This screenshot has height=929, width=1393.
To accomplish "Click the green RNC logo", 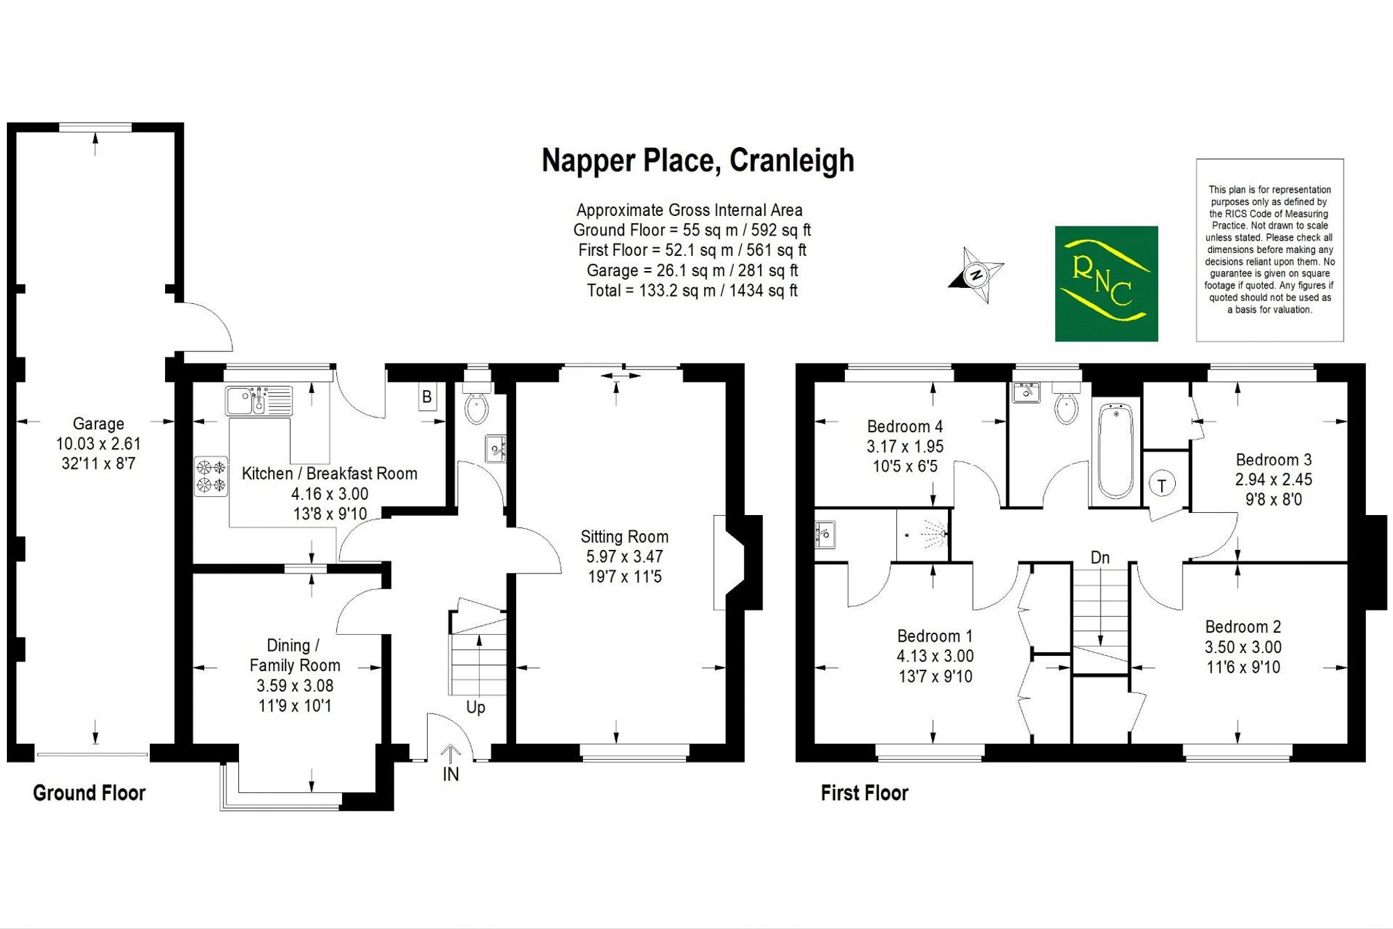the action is (1106, 284).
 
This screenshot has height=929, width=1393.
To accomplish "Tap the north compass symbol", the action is (976, 275).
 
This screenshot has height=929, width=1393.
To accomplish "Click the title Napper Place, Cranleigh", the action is (698, 160).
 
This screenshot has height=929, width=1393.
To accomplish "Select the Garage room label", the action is (98, 424).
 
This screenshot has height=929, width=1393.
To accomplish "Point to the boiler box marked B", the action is (427, 397).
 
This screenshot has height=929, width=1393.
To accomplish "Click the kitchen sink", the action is (258, 401).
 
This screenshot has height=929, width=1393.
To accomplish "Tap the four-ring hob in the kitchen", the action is (210, 476).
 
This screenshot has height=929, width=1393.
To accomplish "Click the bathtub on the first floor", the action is (1116, 450).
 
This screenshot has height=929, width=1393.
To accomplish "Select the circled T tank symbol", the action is (1162, 485).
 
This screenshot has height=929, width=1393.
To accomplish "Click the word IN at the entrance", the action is (451, 774).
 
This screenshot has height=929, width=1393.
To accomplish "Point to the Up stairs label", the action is (476, 708).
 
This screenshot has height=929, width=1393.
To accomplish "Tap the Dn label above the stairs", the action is (1100, 558).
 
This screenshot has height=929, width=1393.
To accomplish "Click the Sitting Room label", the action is (625, 537).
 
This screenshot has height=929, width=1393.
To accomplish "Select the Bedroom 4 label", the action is (905, 427).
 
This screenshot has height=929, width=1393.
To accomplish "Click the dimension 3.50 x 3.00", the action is (1243, 647).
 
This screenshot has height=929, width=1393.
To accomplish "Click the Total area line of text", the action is (692, 291).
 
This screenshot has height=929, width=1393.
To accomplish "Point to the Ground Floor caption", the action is (89, 793).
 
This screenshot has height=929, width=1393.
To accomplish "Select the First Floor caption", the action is (864, 793).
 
